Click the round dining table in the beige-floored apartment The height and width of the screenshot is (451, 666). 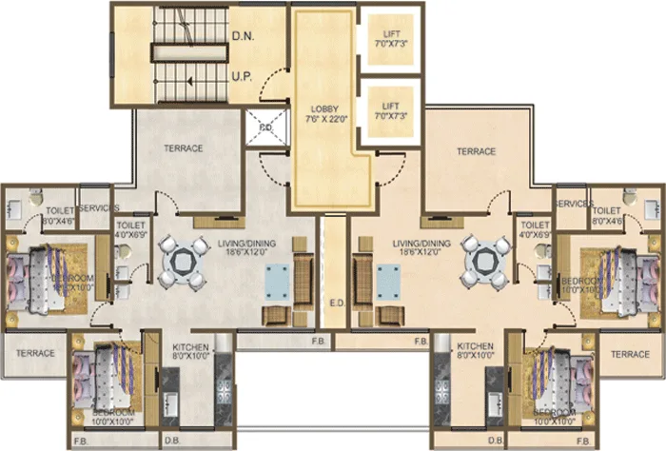tap(482, 260)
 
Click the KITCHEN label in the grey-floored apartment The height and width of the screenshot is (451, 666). tap(190, 346)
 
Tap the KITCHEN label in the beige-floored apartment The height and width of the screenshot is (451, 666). tap(475, 346)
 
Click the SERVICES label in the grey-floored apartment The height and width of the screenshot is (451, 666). tap(98, 207)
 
